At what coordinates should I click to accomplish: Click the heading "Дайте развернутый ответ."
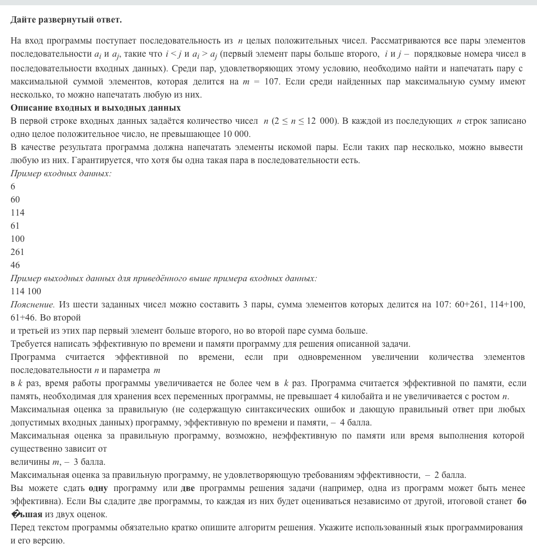point(66,20)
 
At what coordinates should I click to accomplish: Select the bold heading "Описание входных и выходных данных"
point(95,108)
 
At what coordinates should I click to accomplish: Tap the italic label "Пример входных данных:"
point(61,173)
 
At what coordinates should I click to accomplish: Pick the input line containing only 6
point(13,186)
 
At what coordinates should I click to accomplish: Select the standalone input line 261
point(17,252)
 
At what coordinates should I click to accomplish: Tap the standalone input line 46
point(15,265)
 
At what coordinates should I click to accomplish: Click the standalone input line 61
point(15,226)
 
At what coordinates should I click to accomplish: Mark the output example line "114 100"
point(26,291)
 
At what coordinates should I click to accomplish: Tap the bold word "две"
point(188,488)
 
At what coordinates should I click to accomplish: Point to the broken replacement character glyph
point(15,515)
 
